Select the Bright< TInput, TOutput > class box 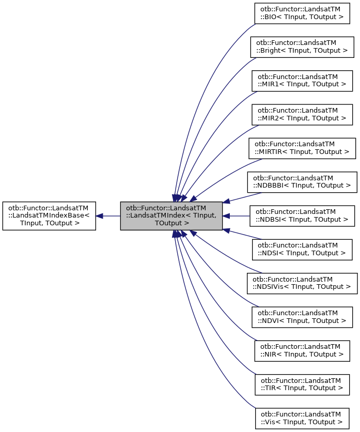(x=302, y=46)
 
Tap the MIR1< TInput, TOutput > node (x=302, y=80)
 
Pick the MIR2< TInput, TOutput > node (x=302, y=114)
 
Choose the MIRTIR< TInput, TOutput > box (x=302, y=148)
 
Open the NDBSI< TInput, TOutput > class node (x=302, y=215)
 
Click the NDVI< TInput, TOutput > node (x=302, y=317)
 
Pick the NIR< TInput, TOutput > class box (x=302, y=350)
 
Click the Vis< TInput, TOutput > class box (x=302, y=418)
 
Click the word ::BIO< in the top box (x=270, y=17)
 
